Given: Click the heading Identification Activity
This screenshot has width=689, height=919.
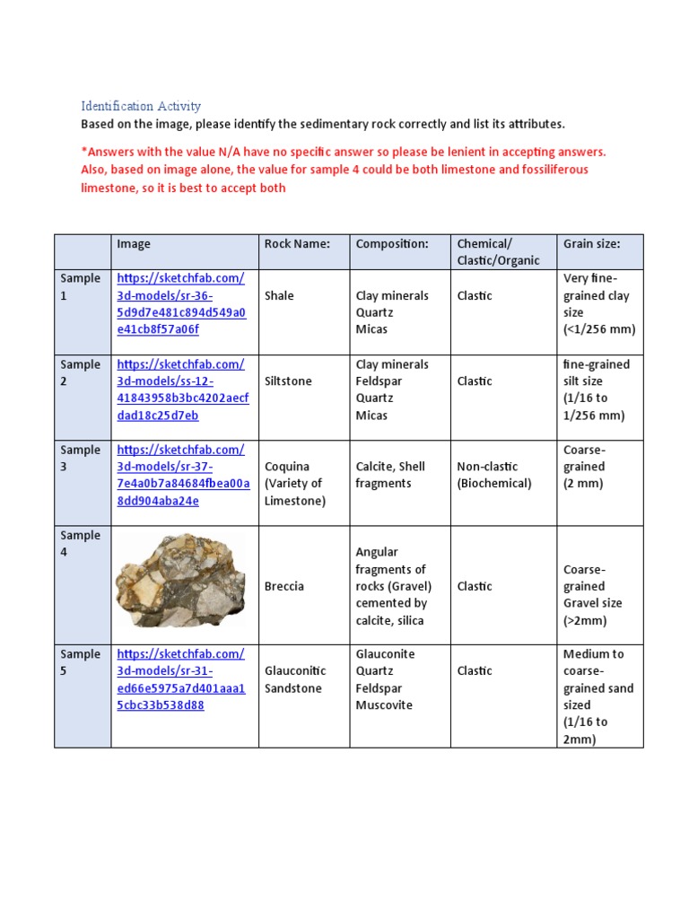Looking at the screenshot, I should tap(141, 106).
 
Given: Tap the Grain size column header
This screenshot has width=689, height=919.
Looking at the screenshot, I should tap(591, 244).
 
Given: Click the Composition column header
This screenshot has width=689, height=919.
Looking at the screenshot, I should tap(392, 244).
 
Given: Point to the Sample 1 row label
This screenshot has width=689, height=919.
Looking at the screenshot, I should tap(81, 287).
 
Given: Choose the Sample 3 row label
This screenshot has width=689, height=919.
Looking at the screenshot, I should tap(81, 459).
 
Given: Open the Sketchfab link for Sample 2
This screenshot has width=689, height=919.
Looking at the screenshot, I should tap(183, 389).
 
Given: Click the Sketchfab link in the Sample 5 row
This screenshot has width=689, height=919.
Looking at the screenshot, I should tap(180, 679).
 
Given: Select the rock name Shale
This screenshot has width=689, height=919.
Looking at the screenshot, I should tap(279, 296).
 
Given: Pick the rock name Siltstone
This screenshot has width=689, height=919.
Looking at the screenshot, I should tap(288, 381).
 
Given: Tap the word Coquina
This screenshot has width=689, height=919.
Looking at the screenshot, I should tap(287, 467).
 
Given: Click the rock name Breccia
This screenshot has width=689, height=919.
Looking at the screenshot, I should tap(284, 586).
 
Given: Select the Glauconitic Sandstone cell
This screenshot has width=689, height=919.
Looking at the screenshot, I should tap(295, 679).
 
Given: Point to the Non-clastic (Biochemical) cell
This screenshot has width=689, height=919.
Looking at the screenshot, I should tap(494, 475).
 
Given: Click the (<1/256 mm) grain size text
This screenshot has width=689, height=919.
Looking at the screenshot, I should tap(599, 329).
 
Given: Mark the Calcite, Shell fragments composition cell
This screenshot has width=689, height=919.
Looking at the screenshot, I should tap(390, 475).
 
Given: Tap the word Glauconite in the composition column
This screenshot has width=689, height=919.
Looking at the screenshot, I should tap(386, 654).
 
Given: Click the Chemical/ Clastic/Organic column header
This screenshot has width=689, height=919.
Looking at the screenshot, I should tap(499, 252).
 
